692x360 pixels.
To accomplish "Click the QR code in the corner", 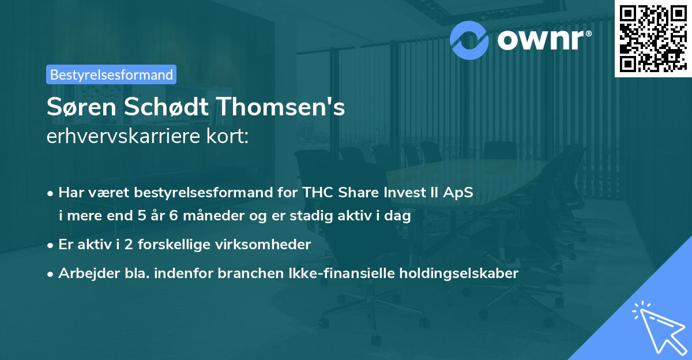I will pyautogui.click(x=652, y=38).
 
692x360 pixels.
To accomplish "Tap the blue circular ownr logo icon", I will pyautogui.click(x=469, y=39).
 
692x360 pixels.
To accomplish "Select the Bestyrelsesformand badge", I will pyautogui.click(x=111, y=74).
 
